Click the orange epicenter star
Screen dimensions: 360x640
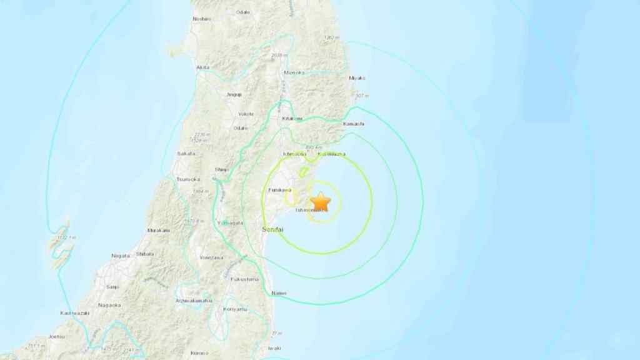tap(321, 201)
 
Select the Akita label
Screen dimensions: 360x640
tap(202, 67)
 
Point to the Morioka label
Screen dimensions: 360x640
tap(293, 73)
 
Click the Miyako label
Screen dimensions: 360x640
tap(356, 78)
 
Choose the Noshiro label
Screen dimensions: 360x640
tap(202, 19)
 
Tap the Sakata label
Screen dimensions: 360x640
tap(186, 153)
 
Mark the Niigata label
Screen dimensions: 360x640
tap(120, 255)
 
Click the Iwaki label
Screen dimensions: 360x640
tap(274, 348)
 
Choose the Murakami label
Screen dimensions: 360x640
tap(157, 231)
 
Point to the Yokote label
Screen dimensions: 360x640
tap(246, 114)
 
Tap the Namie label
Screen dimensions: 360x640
tap(279, 294)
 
